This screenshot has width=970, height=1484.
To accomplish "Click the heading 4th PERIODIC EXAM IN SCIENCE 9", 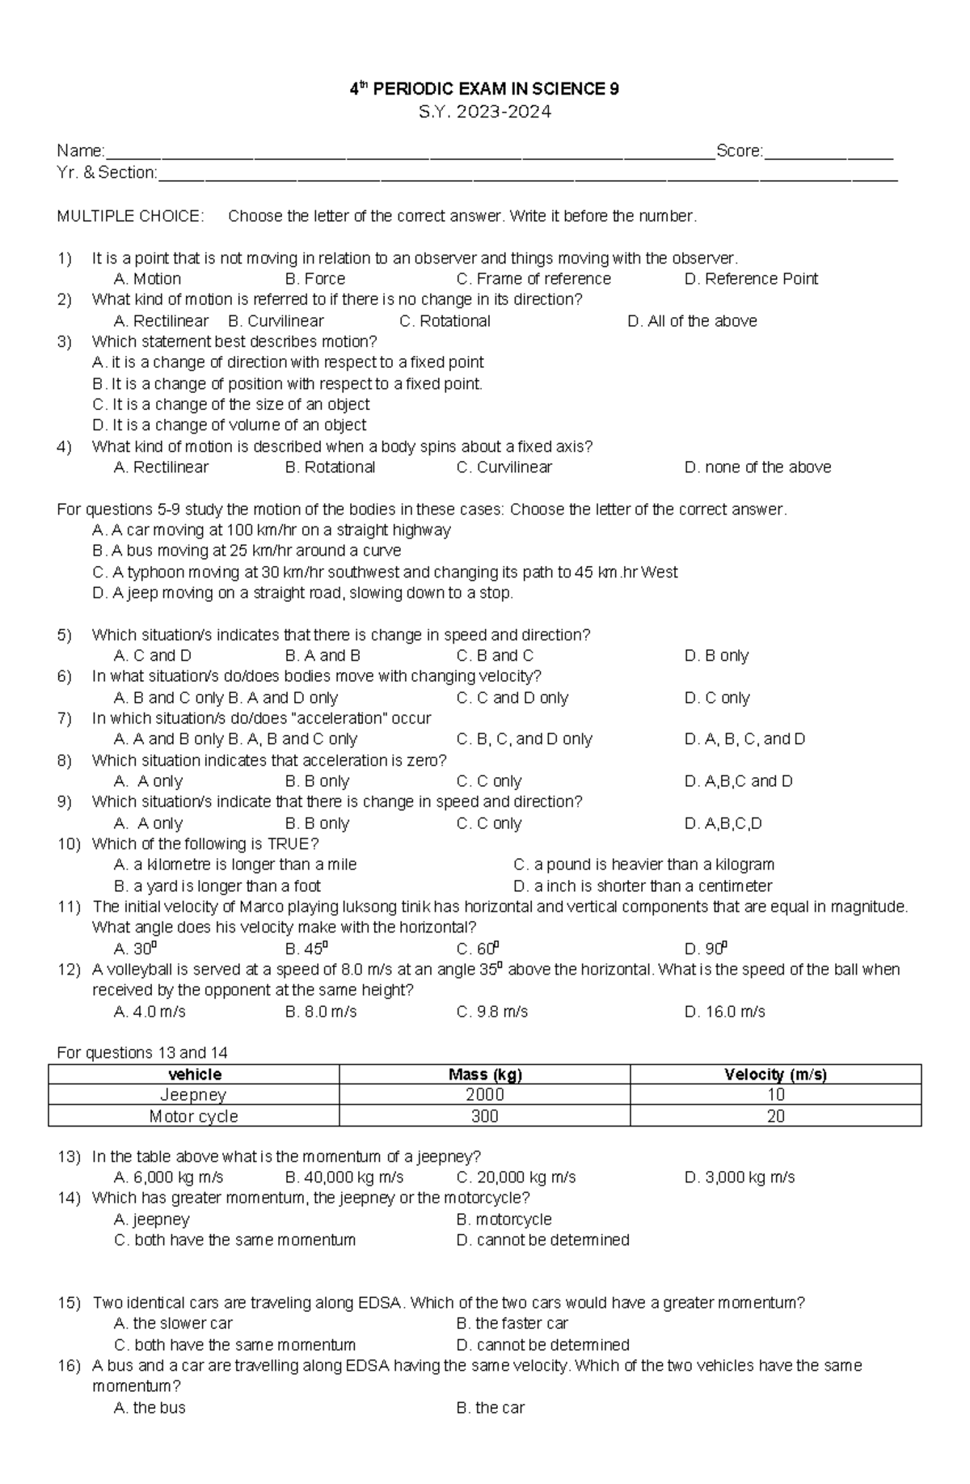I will (484, 89).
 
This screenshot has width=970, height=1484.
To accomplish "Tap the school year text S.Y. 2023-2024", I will (484, 112).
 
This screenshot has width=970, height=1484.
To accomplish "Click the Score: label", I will (739, 151).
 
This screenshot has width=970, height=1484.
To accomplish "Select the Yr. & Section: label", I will (107, 172).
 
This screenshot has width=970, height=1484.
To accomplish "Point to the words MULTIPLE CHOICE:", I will (130, 216).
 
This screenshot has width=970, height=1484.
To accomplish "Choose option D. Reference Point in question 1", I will (751, 279).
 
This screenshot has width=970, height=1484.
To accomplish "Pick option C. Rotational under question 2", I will (445, 321).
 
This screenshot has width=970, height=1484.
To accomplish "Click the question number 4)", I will (65, 446).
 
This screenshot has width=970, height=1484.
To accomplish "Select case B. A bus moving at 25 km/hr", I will (247, 551).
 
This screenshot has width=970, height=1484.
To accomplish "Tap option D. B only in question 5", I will (716, 656).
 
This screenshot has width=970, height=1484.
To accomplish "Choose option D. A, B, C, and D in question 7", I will (744, 739).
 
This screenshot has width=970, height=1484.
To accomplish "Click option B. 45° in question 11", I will (306, 949).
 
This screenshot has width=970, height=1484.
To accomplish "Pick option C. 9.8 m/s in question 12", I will (491, 1012).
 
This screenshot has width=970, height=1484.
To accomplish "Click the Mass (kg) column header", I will (485, 1075).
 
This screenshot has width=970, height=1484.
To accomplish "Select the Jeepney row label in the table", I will (193, 1095).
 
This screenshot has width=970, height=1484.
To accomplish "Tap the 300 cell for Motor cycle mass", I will (485, 1116).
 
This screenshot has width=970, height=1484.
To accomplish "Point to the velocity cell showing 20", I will (775, 1116).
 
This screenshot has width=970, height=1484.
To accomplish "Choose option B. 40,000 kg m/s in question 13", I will (344, 1177).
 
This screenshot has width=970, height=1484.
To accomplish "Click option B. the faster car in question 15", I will (512, 1324).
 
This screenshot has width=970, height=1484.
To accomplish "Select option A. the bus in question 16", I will (150, 1408).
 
